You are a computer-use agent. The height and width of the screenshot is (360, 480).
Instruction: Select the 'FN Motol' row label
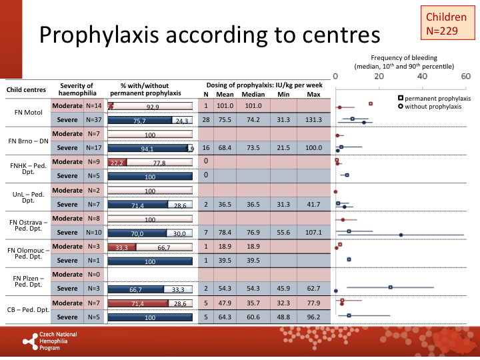pos(28,113)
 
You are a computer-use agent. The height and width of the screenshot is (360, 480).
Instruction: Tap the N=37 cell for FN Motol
pos(94,120)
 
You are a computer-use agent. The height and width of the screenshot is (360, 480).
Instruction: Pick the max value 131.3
pos(313,120)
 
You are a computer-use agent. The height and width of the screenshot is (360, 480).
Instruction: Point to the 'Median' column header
pos(253,94)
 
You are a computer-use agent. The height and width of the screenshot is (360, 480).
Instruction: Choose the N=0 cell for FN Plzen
pos(94,275)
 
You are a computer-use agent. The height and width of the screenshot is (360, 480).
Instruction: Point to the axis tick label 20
pos(379,76)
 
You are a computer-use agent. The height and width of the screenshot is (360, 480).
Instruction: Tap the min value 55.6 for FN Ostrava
pos(284,233)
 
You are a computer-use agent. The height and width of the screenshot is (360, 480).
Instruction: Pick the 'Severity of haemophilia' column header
pos(78,89)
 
